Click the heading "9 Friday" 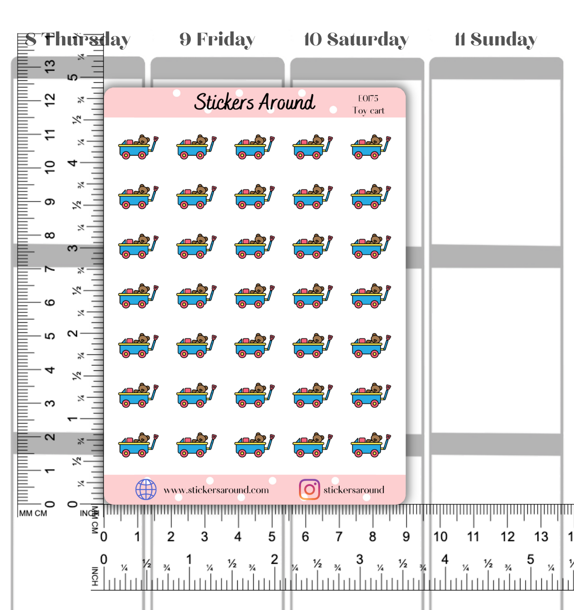(217, 39)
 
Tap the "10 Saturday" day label (356, 39)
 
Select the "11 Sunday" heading (495, 39)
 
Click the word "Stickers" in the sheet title (224, 102)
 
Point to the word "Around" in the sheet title (288, 102)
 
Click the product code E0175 (368, 98)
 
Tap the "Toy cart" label (369, 111)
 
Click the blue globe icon (146, 489)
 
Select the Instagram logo (309, 489)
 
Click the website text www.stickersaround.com (216, 490)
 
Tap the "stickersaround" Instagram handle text (354, 490)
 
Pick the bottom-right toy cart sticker (371, 445)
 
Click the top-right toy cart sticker (371, 147)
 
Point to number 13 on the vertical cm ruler (50, 66)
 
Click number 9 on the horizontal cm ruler (406, 537)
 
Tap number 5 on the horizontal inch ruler (530, 560)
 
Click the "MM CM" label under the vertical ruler (33, 513)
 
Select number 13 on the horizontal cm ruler (541, 537)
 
